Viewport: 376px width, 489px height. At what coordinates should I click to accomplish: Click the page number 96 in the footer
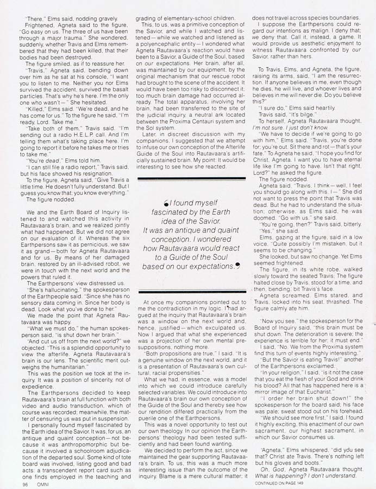tap(25, 481)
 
